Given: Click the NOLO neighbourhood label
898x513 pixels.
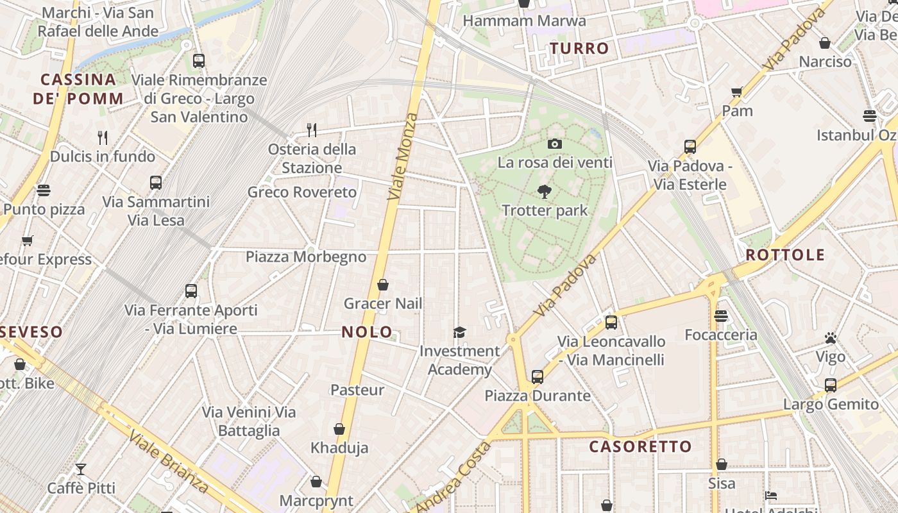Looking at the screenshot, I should pyautogui.click(x=367, y=332).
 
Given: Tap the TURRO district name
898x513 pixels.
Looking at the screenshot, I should pyautogui.click(x=579, y=49).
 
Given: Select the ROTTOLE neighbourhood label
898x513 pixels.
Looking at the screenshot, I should pyautogui.click(x=785, y=255).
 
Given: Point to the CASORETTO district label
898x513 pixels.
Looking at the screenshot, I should pyautogui.click(x=640, y=447).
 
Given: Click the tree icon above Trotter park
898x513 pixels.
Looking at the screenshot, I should pyautogui.click(x=545, y=191).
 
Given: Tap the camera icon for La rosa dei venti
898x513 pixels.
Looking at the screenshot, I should pyautogui.click(x=555, y=144).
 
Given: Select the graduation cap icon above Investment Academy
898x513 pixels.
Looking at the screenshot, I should pyautogui.click(x=459, y=332).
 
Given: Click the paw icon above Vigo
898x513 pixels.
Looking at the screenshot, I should pyautogui.click(x=831, y=338).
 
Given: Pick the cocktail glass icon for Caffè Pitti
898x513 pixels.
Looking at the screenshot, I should pyautogui.click(x=81, y=469).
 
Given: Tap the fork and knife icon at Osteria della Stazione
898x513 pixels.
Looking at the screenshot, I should pyautogui.click(x=312, y=130).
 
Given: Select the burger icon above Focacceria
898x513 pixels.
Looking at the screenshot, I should pyautogui.click(x=721, y=316).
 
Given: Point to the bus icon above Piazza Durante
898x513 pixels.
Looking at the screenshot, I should pyautogui.click(x=538, y=377).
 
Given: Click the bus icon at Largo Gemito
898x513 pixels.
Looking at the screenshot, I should pyautogui.click(x=831, y=385).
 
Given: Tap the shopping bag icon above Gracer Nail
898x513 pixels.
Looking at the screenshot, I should pyautogui.click(x=383, y=285).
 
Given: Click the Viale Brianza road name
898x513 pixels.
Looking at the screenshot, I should pyautogui.click(x=168, y=462).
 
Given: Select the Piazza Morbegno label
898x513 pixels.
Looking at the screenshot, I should pyautogui.click(x=306, y=257).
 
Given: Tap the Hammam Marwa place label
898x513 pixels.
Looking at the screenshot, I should pyautogui.click(x=524, y=21).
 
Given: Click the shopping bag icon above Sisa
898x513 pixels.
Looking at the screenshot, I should pyautogui.click(x=722, y=464).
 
